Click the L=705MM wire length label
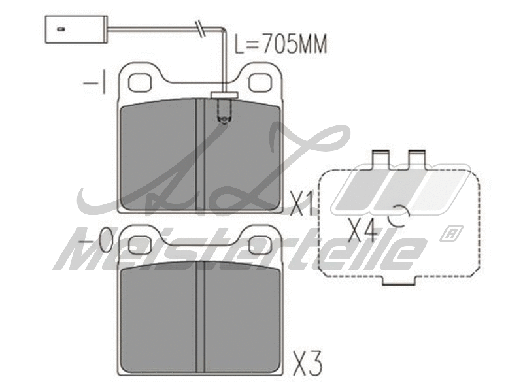point(280,44)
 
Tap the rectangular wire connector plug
point(75,29)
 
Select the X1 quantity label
point(301,204)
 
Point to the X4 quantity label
point(363,229)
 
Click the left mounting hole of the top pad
point(140,82)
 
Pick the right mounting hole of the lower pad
point(260,246)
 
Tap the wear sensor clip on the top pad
point(223,108)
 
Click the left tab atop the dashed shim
point(380,159)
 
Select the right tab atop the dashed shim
point(416,159)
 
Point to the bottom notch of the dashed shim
point(399,282)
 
